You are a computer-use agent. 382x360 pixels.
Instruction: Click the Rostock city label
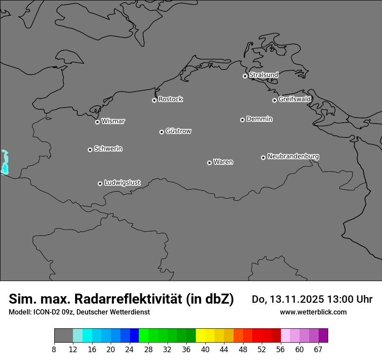tap(170, 99)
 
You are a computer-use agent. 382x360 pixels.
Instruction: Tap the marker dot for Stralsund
tap(245, 76)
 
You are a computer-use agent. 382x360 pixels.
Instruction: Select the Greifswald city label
tap(294, 99)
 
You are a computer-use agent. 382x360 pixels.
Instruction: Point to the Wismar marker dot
tap(97, 122)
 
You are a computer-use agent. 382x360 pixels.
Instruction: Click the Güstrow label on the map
tap(178, 131)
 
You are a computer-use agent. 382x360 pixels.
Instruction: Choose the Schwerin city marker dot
tap(90, 150)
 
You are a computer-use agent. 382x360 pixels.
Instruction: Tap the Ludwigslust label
tap(122, 183)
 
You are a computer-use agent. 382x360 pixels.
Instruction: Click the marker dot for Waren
tap(209, 163)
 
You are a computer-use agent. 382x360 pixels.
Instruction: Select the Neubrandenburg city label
tap(293, 156)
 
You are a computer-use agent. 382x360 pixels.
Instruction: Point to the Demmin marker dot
tap(242, 120)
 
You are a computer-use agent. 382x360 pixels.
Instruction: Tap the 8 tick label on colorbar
tap(54, 350)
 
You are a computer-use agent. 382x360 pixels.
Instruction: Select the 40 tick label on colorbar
tap(205, 350)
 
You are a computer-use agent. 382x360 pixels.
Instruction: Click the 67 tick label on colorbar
tap(318, 350)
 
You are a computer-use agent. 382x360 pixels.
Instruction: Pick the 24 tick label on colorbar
tap(130, 350)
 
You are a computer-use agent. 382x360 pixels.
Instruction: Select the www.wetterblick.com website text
tap(313, 312)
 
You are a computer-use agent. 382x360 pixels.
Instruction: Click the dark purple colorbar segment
tap(323, 336)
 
